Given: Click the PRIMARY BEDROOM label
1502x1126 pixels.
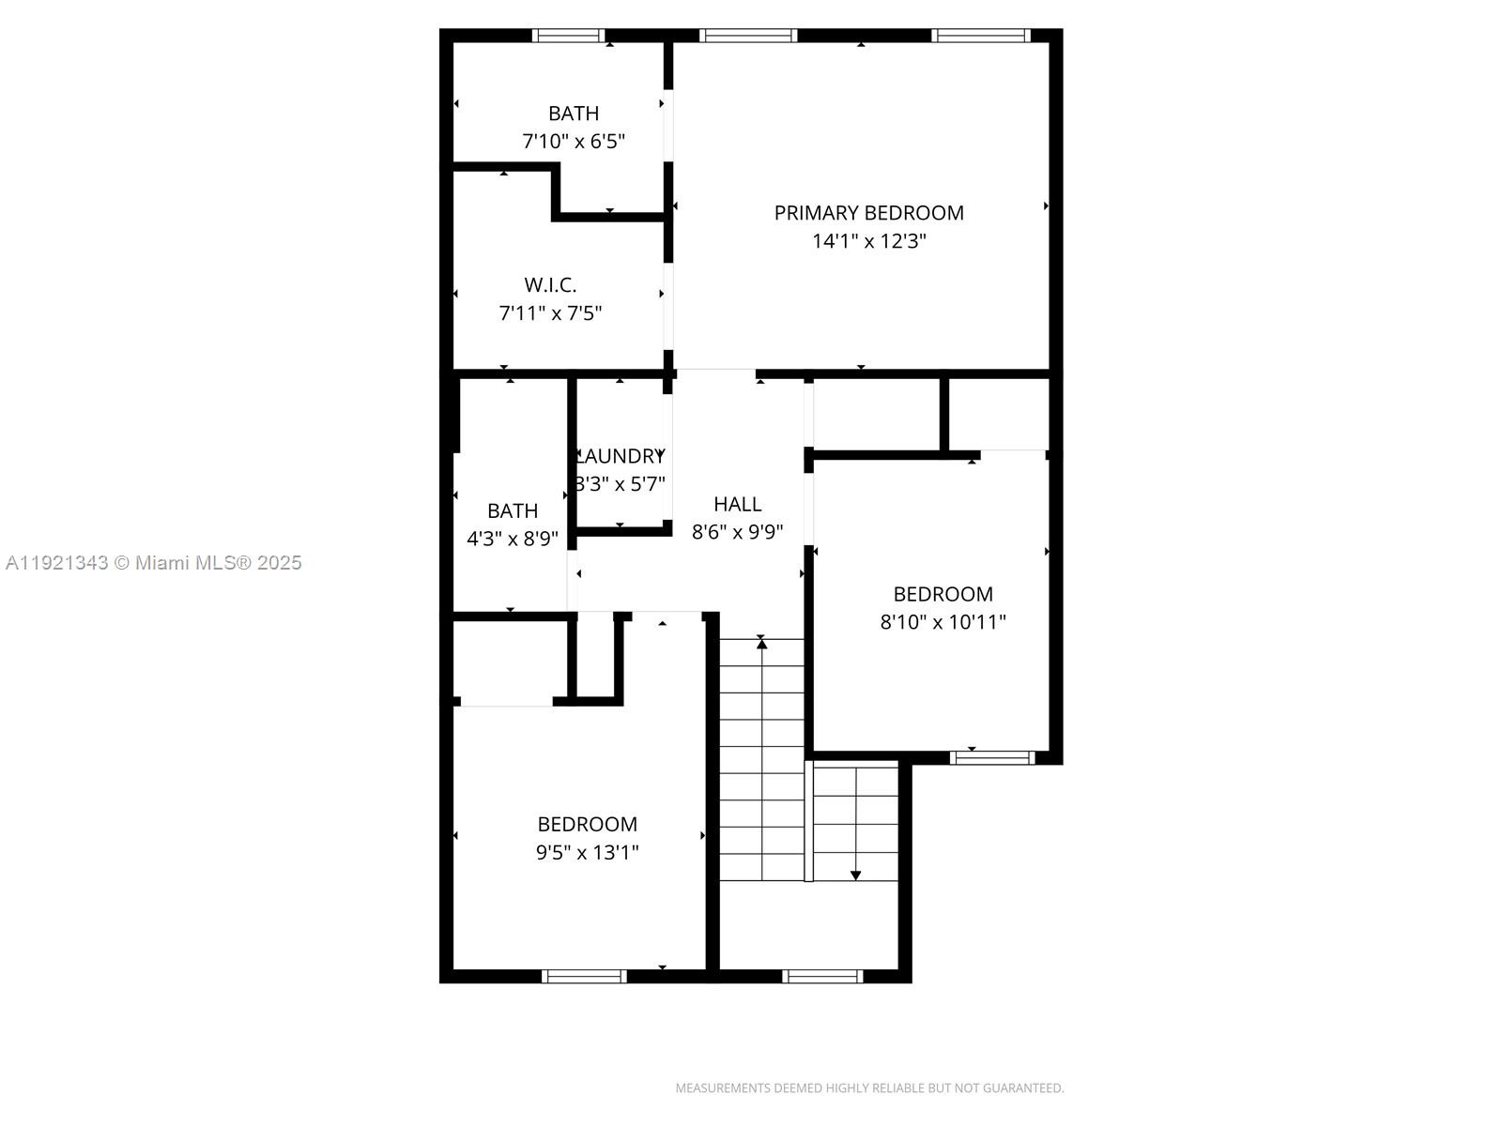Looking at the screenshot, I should (868, 213).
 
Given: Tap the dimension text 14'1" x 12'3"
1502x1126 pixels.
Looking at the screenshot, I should (868, 241).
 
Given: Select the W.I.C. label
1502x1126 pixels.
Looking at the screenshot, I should (550, 284).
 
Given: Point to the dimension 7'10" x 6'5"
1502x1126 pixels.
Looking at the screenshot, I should (574, 142).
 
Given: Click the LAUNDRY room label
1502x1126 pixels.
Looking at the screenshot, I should (620, 456).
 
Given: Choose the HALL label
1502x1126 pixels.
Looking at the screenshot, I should (737, 504).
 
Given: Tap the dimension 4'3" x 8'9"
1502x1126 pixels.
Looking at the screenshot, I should (513, 539).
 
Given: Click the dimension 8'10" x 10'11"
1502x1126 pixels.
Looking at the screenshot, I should (943, 621).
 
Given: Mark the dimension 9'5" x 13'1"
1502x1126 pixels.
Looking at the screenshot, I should (588, 852).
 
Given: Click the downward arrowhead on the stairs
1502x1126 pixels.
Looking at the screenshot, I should (855, 875).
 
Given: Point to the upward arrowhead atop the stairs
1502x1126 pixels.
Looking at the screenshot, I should (761, 644).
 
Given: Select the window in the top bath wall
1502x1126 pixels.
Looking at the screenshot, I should (568, 36).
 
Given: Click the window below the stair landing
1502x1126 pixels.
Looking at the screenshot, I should (822, 977).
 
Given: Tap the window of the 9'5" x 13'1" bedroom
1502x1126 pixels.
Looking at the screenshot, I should (584, 977).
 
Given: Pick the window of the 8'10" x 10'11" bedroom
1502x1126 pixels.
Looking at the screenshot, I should (991, 757).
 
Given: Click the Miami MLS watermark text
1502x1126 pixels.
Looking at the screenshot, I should (153, 563).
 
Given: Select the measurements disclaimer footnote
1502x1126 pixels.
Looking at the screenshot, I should (869, 1088).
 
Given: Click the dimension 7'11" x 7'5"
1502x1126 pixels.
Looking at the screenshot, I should (550, 312).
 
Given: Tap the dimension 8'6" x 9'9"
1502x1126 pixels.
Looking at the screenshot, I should (737, 532).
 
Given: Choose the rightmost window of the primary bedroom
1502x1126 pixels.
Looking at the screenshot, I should (981, 36).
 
